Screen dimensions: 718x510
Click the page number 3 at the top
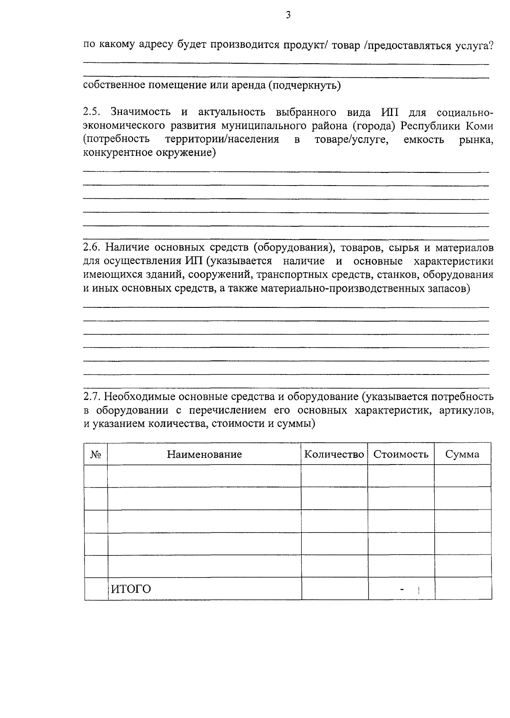coord(288,15)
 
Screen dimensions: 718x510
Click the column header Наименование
coord(204,454)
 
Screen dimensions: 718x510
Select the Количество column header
coord(334,454)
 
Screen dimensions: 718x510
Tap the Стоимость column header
coord(401,454)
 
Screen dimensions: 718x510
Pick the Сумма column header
coord(462,454)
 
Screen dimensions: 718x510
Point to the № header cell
coord(96,455)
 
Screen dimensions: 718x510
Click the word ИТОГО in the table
coord(131,589)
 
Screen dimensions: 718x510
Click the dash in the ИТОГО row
coord(402,589)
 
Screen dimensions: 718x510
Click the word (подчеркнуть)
coord(304,86)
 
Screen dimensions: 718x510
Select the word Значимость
coord(141,113)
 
